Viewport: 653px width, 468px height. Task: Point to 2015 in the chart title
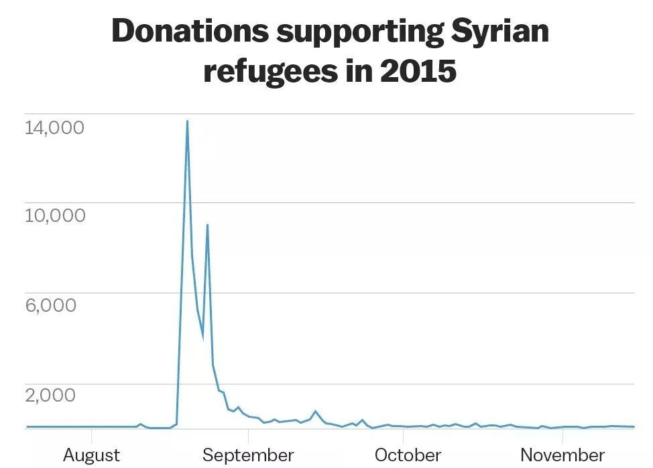(x=418, y=71)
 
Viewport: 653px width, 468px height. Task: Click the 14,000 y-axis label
(x=55, y=126)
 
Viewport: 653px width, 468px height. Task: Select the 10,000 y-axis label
(x=55, y=215)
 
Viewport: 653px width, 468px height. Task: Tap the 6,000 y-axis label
(x=51, y=305)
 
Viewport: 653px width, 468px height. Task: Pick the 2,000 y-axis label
(x=51, y=395)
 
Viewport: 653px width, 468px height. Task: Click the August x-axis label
(x=92, y=455)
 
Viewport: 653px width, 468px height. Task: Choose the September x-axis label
(x=248, y=455)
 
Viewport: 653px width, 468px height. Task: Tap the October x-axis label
(x=408, y=455)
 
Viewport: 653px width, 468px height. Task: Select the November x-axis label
(x=562, y=455)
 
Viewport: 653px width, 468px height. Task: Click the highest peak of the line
(x=187, y=121)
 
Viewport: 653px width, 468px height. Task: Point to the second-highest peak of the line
(x=207, y=225)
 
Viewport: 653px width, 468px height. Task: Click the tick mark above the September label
(x=248, y=433)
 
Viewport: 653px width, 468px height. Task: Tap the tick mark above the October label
(x=406, y=433)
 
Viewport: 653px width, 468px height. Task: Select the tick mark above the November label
(x=562, y=433)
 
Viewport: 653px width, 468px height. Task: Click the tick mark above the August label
(x=92, y=433)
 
